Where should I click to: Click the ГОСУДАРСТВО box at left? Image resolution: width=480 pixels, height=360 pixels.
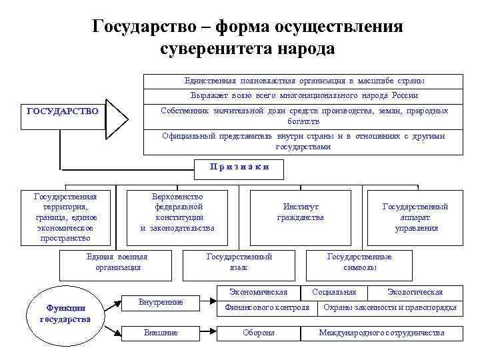tap(63, 111)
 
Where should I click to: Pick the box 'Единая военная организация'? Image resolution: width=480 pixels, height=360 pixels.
tap(117, 262)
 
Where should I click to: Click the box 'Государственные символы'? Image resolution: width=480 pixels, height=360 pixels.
tap(359, 262)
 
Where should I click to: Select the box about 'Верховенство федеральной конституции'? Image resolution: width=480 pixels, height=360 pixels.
tap(178, 213)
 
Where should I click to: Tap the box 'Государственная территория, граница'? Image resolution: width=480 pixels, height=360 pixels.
tap(65, 217)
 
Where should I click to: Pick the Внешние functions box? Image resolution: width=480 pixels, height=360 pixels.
tap(161, 332)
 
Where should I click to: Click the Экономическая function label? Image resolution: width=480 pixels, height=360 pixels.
tap(259, 292)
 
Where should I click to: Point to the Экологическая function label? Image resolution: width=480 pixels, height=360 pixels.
tap(415, 292)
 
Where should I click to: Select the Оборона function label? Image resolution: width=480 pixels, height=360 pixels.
tap(259, 332)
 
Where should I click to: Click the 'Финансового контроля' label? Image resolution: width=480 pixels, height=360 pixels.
tap(267, 307)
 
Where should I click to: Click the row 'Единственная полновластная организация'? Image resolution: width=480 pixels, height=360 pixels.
tap(304, 81)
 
